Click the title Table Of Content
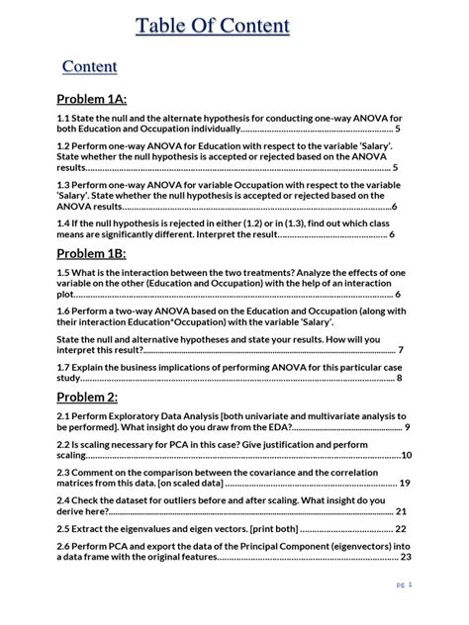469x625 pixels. [213, 26]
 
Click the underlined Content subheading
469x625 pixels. [90, 66]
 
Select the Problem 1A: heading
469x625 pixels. [92, 99]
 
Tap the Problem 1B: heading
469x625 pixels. [91, 254]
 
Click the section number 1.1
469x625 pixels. [64, 117]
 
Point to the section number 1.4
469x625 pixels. [64, 223]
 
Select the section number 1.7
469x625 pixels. [64, 366]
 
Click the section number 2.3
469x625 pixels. [64, 472]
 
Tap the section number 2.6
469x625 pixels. [64, 545]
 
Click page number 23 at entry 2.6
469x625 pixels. [406, 557]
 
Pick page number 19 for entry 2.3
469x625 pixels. [404, 484]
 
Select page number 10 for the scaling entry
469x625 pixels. [407, 455]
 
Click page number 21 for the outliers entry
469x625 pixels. [401, 512]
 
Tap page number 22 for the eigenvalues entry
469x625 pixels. [401, 529]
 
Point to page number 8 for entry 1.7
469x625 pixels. [399, 378]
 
